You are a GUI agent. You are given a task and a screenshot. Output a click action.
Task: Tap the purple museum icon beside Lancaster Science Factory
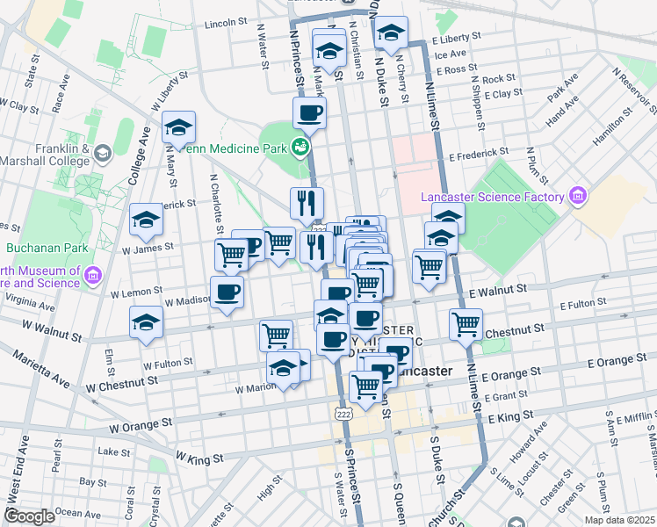pos(577,195)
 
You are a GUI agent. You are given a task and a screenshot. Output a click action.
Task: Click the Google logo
pos(30,516)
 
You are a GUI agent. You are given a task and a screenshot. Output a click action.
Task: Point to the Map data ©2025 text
pos(620,519)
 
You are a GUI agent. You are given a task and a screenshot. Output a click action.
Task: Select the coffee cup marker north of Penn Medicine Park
pos(309,113)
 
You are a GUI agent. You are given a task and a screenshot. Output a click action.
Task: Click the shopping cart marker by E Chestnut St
pos(466,324)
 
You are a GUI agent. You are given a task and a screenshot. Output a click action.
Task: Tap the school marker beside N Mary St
pos(178,128)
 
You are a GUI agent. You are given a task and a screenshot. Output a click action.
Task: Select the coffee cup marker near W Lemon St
pos(227,292)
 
